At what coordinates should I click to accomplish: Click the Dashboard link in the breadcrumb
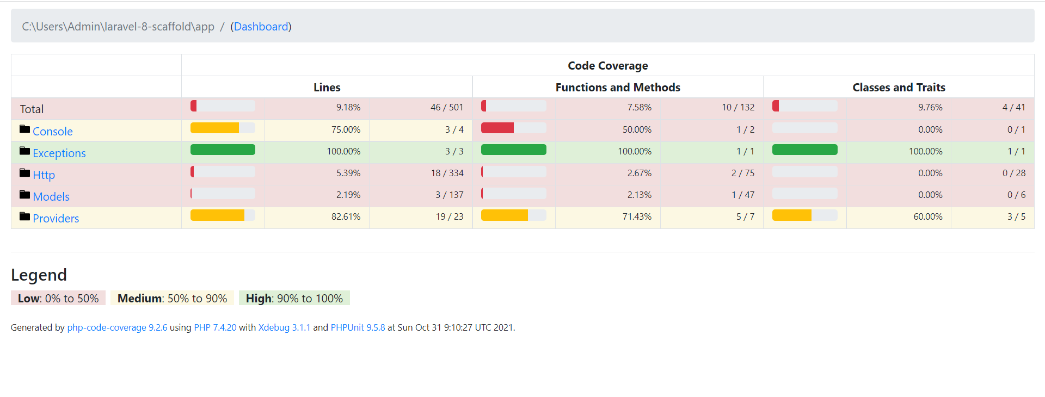coord(261,27)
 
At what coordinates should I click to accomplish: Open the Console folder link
coord(53,132)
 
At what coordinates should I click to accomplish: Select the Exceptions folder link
coord(59,153)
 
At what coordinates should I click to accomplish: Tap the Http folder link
coord(44,175)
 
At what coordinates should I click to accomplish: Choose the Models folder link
coord(51,197)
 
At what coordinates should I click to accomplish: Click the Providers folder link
coord(56,219)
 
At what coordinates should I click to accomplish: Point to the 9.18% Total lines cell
coord(348,108)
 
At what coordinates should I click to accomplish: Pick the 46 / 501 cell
coord(447,108)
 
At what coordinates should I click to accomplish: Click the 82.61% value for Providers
coord(346,216)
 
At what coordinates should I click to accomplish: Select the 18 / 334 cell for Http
coord(447,173)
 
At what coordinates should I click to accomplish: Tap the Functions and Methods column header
coord(618,88)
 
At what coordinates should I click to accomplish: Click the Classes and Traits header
coord(899,88)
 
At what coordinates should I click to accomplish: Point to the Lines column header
coord(327,88)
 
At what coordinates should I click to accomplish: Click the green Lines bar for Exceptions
coord(223,150)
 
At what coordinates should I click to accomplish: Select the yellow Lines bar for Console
coord(214,128)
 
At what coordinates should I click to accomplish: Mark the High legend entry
coord(294,299)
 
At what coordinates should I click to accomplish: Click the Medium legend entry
coord(172,299)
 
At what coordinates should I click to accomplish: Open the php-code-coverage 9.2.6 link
coord(117,327)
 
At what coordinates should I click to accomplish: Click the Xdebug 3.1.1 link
coord(284,327)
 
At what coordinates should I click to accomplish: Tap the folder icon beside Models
coord(24,194)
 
